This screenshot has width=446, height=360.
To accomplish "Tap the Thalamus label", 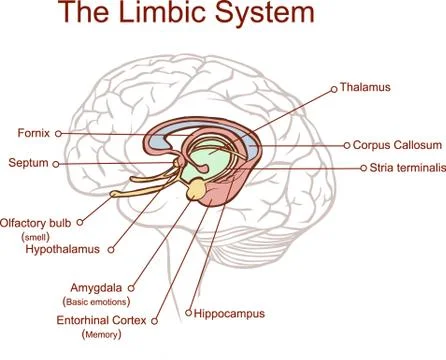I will tap(366, 88).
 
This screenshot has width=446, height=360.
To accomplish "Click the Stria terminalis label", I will tap(406, 169).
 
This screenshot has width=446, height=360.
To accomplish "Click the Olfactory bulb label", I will tap(35, 222).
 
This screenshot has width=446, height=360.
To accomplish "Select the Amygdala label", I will tap(97, 286).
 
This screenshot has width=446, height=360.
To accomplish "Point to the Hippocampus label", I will tap(229, 313).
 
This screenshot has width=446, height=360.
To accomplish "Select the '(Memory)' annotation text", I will tap(101, 335).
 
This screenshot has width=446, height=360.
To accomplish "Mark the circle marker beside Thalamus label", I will tap(333, 89).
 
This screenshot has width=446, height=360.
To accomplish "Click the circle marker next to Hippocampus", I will tap(187, 313).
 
